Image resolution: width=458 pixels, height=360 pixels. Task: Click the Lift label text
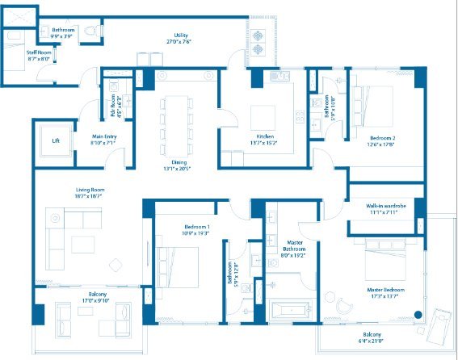(56, 140)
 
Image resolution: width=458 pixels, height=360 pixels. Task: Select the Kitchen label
(266, 137)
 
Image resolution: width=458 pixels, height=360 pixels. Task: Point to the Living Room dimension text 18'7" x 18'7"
(91, 196)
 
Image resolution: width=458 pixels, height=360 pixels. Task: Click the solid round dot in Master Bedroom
(418, 315)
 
